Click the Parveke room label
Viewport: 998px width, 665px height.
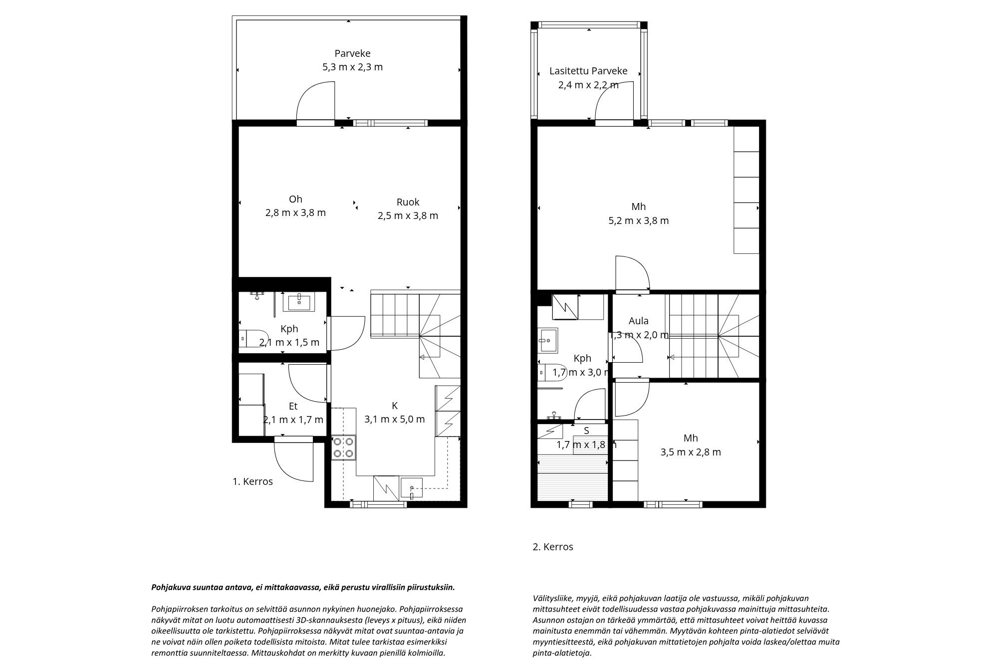[x=352, y=53]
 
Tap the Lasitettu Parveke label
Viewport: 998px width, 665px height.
[x=588, y=71]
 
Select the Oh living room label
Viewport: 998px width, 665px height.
[x=295, y=199]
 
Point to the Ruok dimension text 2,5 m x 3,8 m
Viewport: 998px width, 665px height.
[x=408, y=216]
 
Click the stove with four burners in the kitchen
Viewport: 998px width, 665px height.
[x=343, y=447]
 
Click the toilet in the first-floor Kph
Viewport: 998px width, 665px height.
[x=254, y=338]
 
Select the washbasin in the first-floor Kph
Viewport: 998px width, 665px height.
[x=298, y=302]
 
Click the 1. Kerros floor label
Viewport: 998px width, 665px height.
[x=252, y=481]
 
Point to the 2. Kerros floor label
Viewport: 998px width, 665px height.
[x=553, y=547]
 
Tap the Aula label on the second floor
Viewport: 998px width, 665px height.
[x=639, y=321]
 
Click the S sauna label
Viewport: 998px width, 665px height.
[x=586, y=431]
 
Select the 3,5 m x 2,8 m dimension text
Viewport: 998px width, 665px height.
[x=691, y=452]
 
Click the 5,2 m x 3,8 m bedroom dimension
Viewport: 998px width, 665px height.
[x=638, y=221]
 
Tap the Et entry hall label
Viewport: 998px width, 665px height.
[x=293, y=406]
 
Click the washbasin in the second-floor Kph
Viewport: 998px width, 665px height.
[x=548, y=341]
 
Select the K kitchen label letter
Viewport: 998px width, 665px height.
[x=395, y=406]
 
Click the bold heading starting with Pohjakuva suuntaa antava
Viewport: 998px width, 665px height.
[x=303, y=587]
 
